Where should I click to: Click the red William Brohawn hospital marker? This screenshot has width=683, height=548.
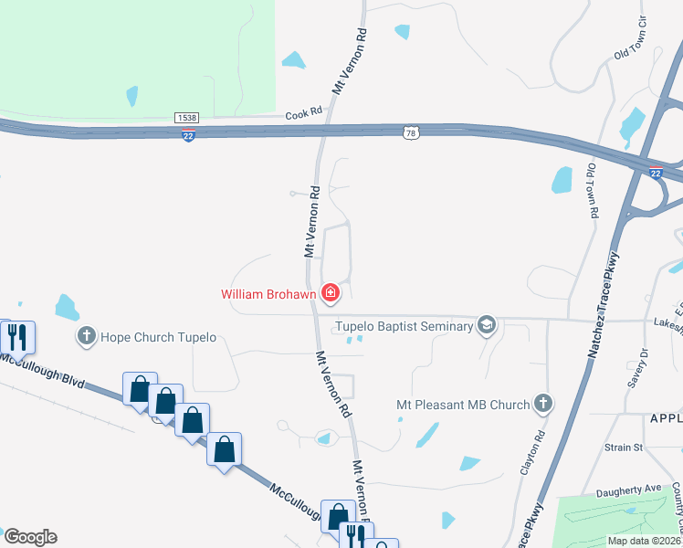(x=331, y=293)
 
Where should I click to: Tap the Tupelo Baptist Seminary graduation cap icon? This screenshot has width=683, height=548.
(x=487, y=326)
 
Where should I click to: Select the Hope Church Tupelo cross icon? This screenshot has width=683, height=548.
(x=87, y=336)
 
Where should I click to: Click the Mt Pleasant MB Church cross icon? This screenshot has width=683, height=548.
(x=543, y=404)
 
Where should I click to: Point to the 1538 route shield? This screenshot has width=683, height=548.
(x=186, y=118)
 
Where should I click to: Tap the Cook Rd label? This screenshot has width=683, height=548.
(x=304, y=112)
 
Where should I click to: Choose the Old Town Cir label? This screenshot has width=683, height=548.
(x=630, y=40)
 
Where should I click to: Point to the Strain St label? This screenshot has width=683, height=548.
(x=624, y=448)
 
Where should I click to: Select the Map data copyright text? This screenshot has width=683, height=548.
(x=644, y=541)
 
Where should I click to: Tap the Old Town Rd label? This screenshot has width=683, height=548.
(x=592, y=190)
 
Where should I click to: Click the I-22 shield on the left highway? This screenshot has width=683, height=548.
(x=188, y=134)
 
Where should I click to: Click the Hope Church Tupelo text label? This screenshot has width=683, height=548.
(x=159, y=337)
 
